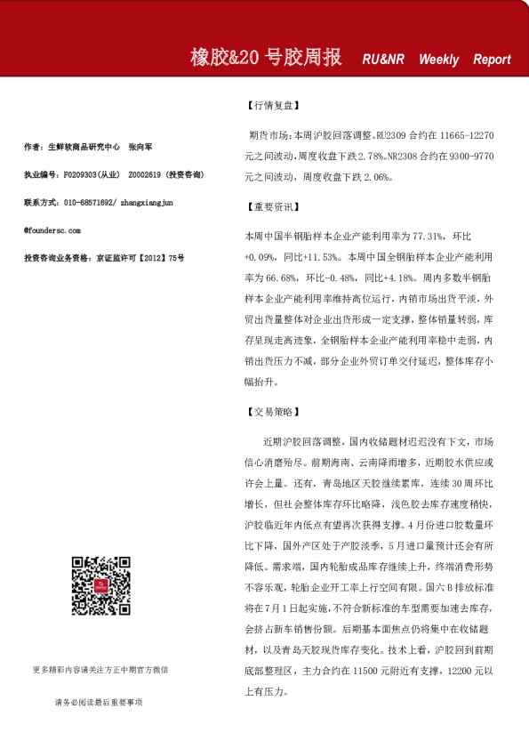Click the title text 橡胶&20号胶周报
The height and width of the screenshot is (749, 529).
click(x=266, y=58)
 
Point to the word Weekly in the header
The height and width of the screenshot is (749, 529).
click(x=438, y=60)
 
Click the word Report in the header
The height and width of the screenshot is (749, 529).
click(x=492, y=60)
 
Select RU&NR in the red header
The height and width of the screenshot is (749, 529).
click(x=383, y=60)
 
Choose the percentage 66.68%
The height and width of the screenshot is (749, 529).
click(x=274, y=277)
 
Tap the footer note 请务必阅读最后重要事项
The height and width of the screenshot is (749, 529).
click(x=99, y=702)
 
